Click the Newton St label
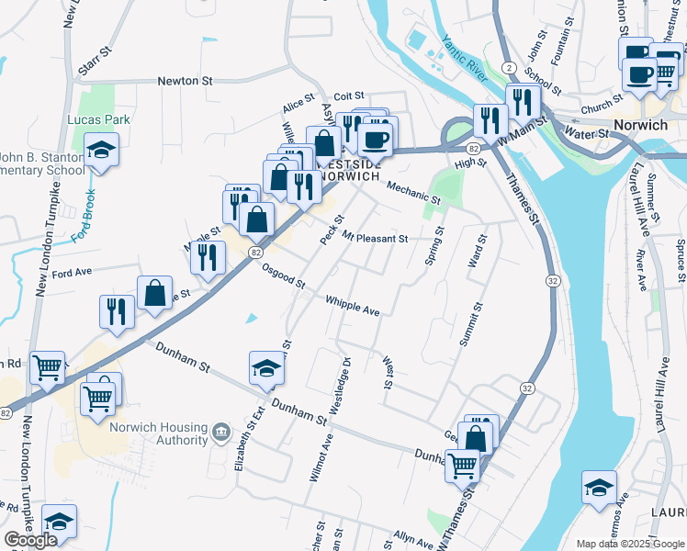click(185, 81)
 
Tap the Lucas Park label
click(99, 119)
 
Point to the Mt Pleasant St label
click(374, 239)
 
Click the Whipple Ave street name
click(352, 306)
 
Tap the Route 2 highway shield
click(508, 68)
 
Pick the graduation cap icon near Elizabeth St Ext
click(266, 370)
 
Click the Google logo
click(31, 540)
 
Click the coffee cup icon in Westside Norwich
click(374, 140)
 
